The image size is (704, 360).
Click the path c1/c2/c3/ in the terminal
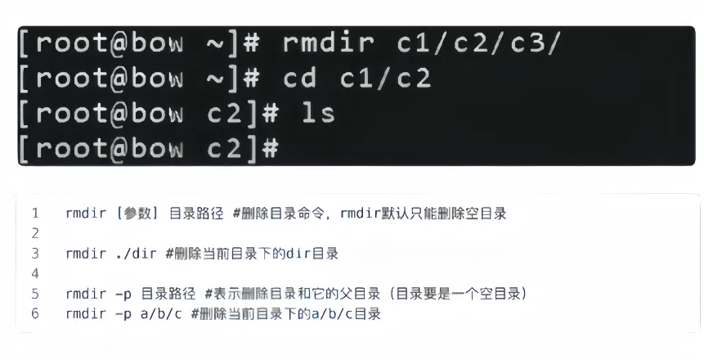(x=479, y=42)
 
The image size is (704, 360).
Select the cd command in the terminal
(x=301, y=78)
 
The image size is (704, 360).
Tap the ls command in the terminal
(x=318, y=113)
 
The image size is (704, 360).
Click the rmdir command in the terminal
(x=329, y=42)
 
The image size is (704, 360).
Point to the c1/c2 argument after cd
(x=386, y=78)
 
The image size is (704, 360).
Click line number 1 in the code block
(x=35, y=214)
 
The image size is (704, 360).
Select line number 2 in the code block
(x=35, y=234)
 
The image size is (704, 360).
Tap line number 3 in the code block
(x=35, y=254)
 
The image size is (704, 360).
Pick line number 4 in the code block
(x=35, y=273)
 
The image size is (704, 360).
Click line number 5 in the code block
(x=35, y=293)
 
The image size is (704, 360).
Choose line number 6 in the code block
(x=35, y=313)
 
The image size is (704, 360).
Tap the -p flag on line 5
(x=123, y=293)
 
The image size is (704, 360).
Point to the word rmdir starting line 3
(x=84, y=254)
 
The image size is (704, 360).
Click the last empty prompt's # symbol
(x=269, y=148)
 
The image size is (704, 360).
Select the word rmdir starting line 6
(x=84, y=313)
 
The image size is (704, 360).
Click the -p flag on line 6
(x=123, y=313)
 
